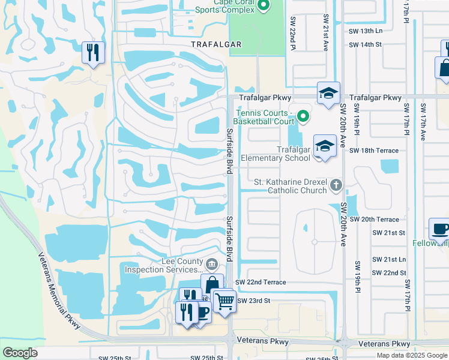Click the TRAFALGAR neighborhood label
[216, 44]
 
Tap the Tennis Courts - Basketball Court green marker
[303, 116]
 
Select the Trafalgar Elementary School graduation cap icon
[324, 146]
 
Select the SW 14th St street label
[365, 44]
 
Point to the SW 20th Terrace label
[374, 220]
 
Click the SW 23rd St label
[254, 301]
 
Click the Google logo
[20, 353]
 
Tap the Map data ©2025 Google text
[411, 355]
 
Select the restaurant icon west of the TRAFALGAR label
[93, 52]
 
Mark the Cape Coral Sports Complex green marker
[263, 5]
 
